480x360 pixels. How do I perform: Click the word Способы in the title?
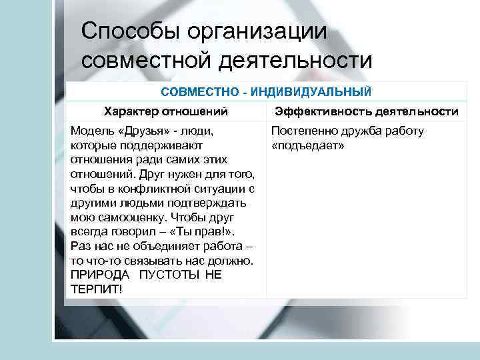click(129, 31)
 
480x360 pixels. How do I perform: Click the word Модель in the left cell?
click(91, 131)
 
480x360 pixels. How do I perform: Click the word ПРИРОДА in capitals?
click(97, 275)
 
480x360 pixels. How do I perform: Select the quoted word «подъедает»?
click(308, 145)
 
